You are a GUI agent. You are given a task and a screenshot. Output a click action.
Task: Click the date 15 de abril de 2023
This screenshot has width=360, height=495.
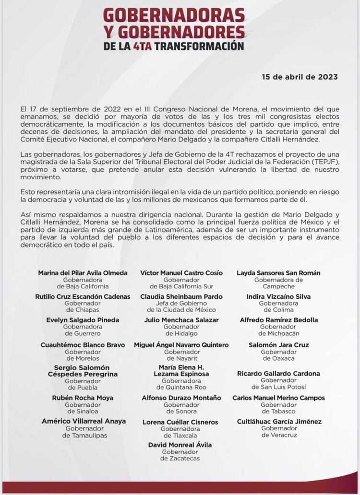(x=300, y=77)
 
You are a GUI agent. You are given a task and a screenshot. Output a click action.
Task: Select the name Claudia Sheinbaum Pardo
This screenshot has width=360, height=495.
(x=181, y=297)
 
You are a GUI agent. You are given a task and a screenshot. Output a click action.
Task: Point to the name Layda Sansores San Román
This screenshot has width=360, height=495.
(x=278, y=273)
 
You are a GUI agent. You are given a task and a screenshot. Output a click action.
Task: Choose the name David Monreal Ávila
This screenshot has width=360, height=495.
(x=180, y=445)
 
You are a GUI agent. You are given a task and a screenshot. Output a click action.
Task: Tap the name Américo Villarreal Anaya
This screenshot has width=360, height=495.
(x=84, y=421)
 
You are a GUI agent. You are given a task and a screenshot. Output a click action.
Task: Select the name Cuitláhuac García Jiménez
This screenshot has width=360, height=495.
(x=279, y=422)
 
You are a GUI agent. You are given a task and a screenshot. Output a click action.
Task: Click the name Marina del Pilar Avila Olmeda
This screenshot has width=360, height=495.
(x=83, y=273)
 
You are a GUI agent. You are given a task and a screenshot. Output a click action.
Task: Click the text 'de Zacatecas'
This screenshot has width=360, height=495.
(x=180, y=459)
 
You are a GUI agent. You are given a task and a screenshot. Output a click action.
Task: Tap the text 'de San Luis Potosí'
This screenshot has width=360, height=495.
(x=278, y=387)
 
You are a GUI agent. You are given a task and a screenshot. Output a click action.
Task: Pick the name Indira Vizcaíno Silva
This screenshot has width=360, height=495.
(x=278, y=297)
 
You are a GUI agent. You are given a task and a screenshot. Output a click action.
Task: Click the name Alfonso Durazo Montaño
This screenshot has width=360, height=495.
(x=181, y=398)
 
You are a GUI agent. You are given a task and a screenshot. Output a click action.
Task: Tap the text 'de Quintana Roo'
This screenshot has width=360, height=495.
(x=181, y=388)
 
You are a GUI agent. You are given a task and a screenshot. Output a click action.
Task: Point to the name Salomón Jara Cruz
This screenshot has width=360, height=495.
(x=278, y=345)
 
